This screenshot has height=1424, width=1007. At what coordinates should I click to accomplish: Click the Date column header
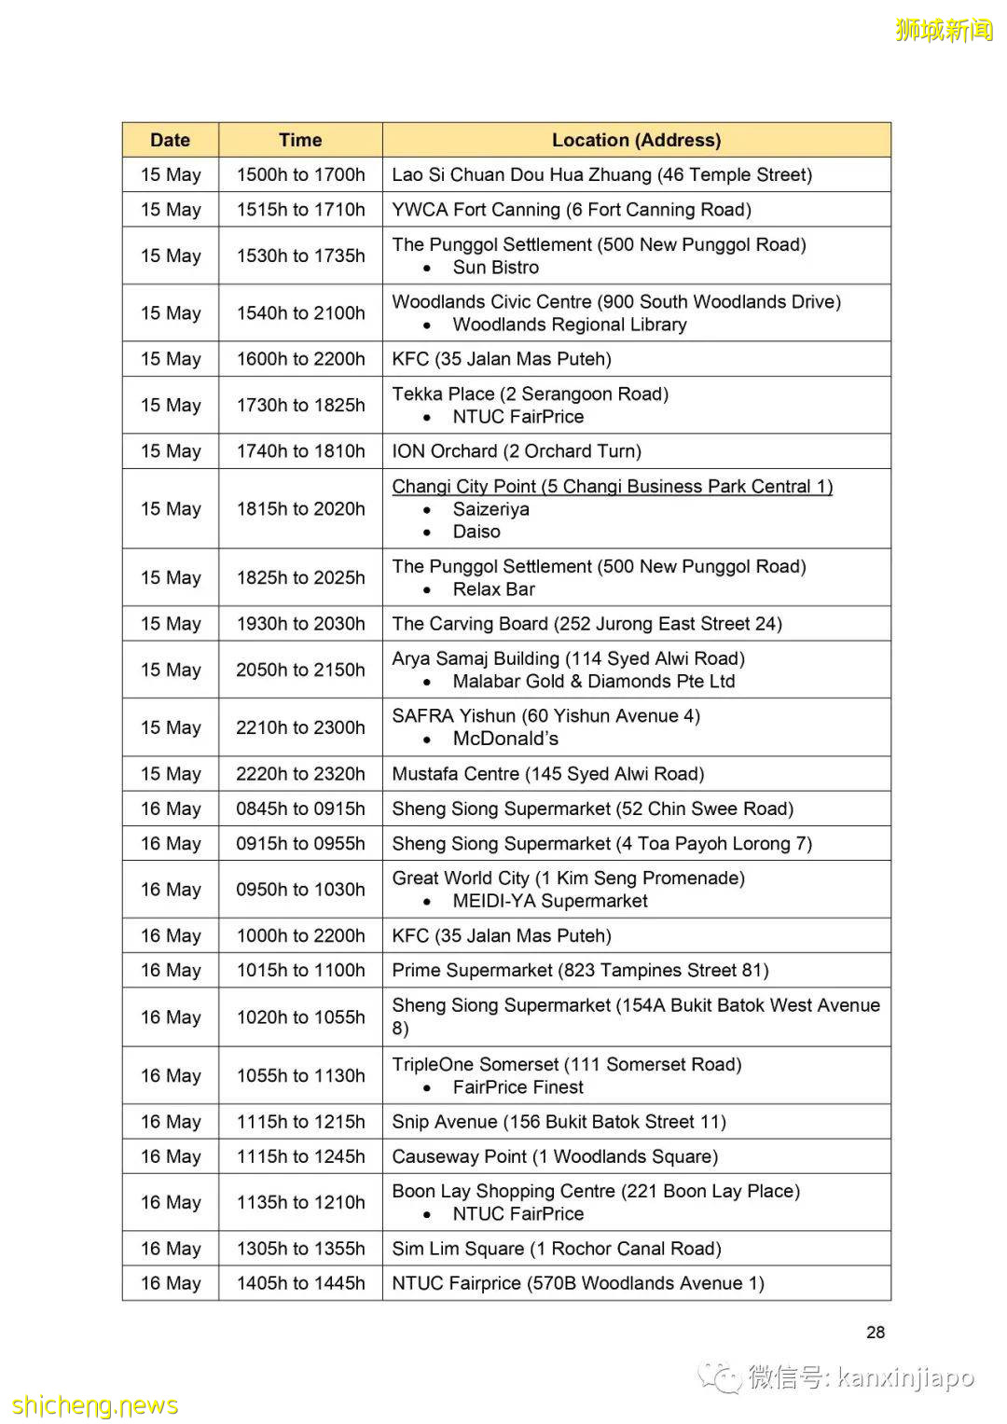pyautogui.click(x=170, y=140)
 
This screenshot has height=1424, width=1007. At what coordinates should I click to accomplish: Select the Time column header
pyautogui.click(x=300, y=140)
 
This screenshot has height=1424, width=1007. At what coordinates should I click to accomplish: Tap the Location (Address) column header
pyautogui.click(x=636, y=140)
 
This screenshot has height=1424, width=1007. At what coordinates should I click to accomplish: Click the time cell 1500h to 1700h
pyautogui.click(x=300, y=174)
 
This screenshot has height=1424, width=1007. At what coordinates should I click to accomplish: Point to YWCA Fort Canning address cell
pyautogui.click(x=571, y=210)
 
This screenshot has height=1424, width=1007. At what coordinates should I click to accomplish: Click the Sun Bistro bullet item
pyautogui.click(x=495, y=268)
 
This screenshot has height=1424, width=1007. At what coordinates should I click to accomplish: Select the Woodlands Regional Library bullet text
pyautogui.click(x=569, y=325)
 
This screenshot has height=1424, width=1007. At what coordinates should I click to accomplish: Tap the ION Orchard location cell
pyautogui.click(x=517, y=451)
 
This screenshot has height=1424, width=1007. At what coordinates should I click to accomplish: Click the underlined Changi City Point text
pyautogui.click(x=612, y=486)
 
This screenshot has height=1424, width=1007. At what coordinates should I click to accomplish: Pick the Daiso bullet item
pyautogui.click(x=476, y=532)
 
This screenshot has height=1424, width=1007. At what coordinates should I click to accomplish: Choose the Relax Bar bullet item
pyautogui.click(x=493, y=589)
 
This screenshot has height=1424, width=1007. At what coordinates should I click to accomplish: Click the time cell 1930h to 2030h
pyautogui.click(x=300, y=624)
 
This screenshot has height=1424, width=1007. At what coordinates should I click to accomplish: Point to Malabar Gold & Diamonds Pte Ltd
pyautogui.click(x=593, y=682)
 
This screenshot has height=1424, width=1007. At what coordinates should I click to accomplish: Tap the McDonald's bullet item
pyautogui.click(x=505, y=739)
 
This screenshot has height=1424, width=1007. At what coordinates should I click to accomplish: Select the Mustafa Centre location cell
pyautogui.click(x=547, y=774)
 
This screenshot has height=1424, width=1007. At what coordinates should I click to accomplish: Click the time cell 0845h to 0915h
pyautogui.click(x=300, y=809)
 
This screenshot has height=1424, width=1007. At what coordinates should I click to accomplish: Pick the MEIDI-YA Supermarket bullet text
pyautogui.click(x=550, y=901)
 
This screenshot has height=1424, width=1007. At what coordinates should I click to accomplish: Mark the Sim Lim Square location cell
pyautogui.click(x=556, y=1249)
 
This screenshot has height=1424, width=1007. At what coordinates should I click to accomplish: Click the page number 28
pyautogui.click(x=875, y=1332)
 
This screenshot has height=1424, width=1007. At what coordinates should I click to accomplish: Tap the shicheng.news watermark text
pyautogui.click(x=95, y=1405)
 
